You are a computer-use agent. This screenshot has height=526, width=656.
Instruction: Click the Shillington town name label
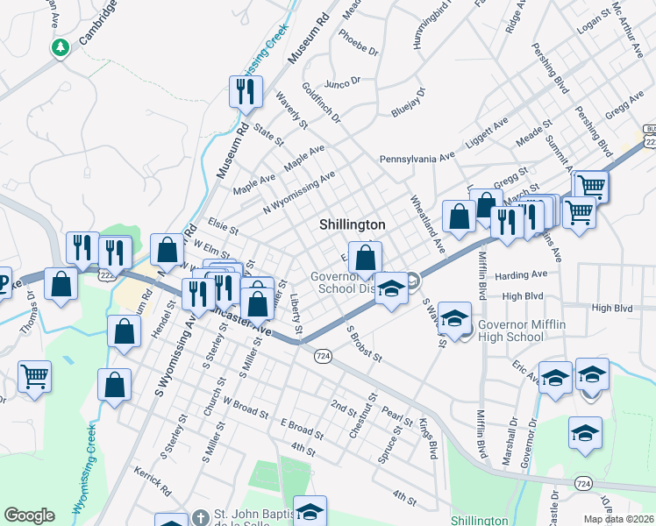[x=352, y=224]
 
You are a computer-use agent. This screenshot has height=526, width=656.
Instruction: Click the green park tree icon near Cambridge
[x=61, y=47]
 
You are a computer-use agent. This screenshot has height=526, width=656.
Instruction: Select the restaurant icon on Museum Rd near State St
[x=245, y=91]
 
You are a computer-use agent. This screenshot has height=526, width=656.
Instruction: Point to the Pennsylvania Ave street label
[x=417, y=158]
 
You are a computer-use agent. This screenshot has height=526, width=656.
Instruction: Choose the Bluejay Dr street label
[x=408, y=103]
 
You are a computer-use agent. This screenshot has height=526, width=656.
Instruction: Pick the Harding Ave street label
[x=520, y=274]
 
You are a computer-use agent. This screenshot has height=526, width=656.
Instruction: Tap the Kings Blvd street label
[x=427, y=441]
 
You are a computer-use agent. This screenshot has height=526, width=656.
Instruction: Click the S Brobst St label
[x=364, y=344]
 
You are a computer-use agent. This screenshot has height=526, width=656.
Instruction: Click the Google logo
[x=29, y=515]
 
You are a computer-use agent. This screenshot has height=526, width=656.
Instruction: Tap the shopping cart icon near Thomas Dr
[x=34, y=376]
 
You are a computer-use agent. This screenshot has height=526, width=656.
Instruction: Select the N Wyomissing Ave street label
[x=299, y=192]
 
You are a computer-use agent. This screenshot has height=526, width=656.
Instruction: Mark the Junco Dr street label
[x=342, y=82]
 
